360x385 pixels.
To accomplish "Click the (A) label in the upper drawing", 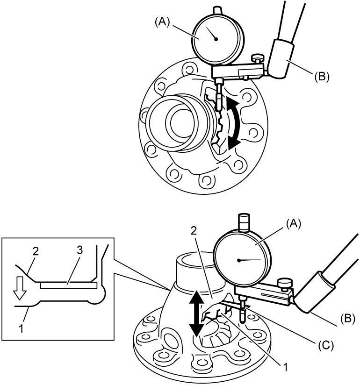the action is [x=162, y=22].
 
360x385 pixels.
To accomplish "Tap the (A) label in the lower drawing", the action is [x=293, y=224].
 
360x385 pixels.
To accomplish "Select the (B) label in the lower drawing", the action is [x=348, y=319].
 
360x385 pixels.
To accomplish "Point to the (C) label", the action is [x=326, y=345].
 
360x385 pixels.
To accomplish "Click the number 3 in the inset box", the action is [x=79, y=250].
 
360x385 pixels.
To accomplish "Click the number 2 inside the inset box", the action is [x=36, y=251].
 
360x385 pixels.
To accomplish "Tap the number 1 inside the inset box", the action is [x=22, y=329].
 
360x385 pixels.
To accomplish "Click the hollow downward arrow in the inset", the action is [x=20, y=288].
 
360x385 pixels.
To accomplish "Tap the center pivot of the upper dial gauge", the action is [x=216, y=39].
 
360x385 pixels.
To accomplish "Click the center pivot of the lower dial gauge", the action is [x=238, y=260].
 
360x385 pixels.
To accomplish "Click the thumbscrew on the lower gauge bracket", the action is [x=285, y=283].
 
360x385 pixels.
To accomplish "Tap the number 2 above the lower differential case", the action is [x=194, y=231].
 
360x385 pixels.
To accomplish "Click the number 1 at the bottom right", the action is [x=285, y=367].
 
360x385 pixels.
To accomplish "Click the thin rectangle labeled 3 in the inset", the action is [x=69, y=285].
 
